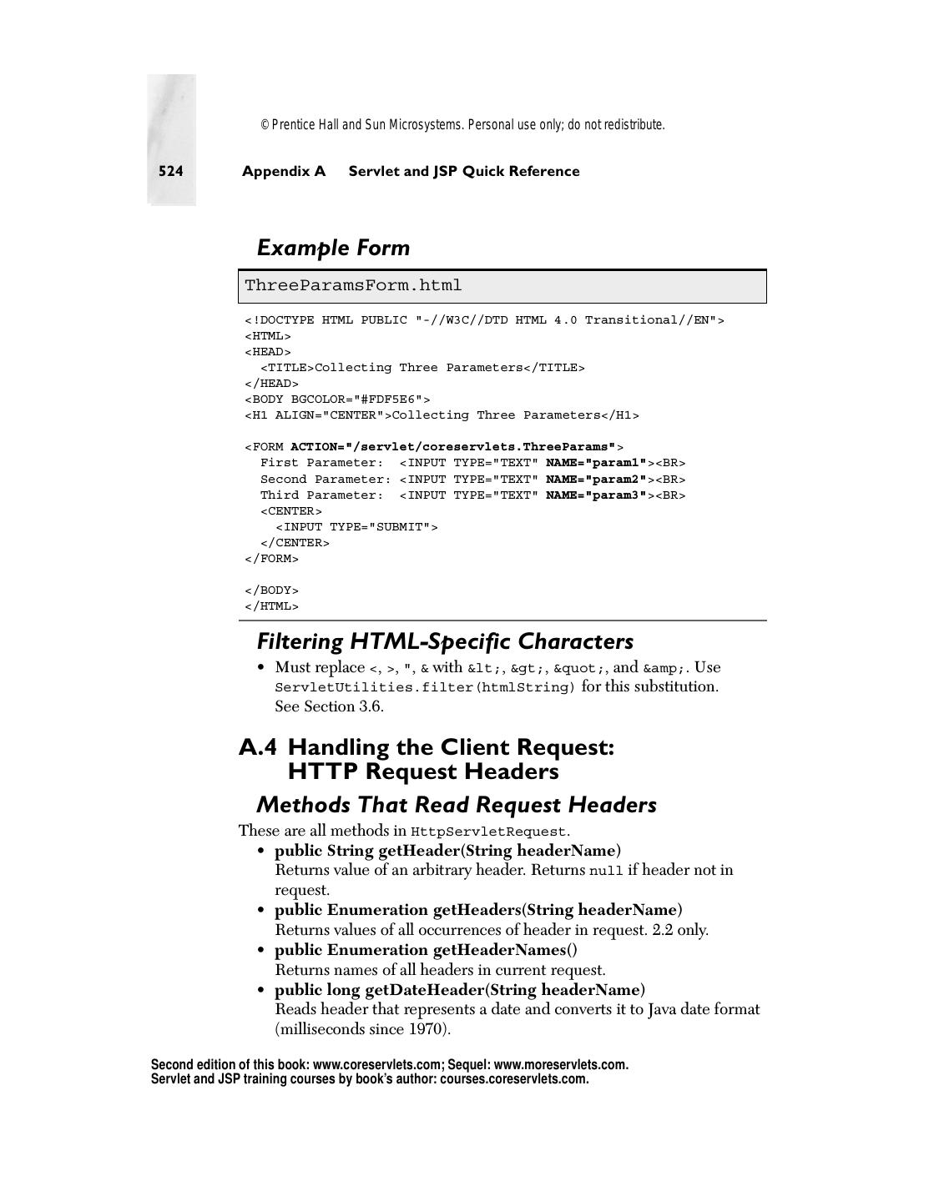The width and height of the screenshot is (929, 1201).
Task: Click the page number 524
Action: [171, 171]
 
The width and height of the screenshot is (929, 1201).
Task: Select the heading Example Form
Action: [333, 248]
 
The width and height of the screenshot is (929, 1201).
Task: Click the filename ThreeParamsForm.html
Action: [353, 286]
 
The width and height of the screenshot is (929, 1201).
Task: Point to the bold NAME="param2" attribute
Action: [596, 480]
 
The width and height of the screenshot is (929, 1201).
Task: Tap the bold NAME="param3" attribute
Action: [596, 495]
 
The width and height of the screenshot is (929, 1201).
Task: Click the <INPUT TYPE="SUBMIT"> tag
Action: [356, 527]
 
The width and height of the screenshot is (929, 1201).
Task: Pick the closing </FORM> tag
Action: [271, 559]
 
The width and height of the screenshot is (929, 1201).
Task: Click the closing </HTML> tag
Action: [271, 606]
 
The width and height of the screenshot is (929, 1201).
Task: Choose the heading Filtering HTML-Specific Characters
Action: [445, 641]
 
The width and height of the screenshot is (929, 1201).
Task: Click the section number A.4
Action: [257, 747]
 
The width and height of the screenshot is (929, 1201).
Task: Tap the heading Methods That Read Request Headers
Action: [456, 805]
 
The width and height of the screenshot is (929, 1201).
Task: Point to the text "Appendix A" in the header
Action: [284, 171]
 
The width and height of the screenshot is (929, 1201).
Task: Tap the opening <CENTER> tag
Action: [290, 511]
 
